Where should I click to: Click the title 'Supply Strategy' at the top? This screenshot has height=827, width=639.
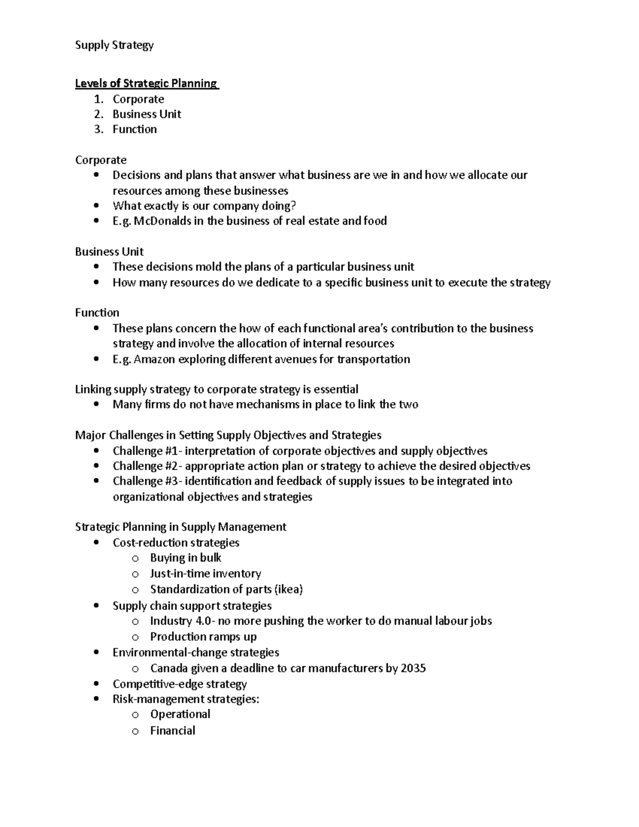(x=114, y=45)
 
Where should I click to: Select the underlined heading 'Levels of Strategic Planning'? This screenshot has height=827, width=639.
(x=146, y=84)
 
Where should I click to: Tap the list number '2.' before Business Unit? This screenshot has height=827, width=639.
(x=99, y=114)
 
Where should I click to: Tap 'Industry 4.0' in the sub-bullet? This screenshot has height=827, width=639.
(x=181, y=621)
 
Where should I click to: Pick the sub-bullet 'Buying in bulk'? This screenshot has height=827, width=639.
(x=185, y=558)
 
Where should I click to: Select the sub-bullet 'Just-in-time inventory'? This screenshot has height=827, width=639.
(x=205, y=574)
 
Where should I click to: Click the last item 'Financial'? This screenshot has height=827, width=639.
(x=173, y=731)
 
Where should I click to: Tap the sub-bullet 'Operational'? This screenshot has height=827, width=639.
(x=180, y=714)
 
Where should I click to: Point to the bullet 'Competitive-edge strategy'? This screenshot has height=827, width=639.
(x=179, y=684)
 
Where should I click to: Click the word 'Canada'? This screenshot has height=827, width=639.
(x=168, y=668)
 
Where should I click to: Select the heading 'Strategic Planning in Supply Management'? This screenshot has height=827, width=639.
(x=181, y=527)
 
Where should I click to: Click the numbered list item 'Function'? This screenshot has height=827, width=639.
(x=135, y=129)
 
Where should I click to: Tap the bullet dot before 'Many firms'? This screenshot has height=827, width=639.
(x=96, y=405)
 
